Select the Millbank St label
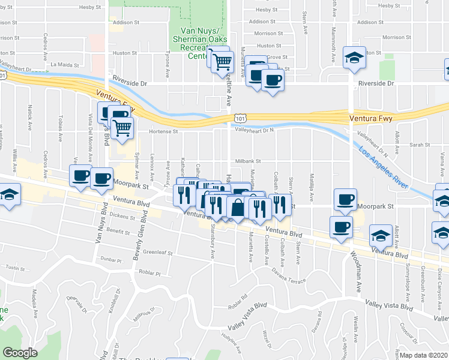[247, 161]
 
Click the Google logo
[20, 353]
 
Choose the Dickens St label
[124, 217]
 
